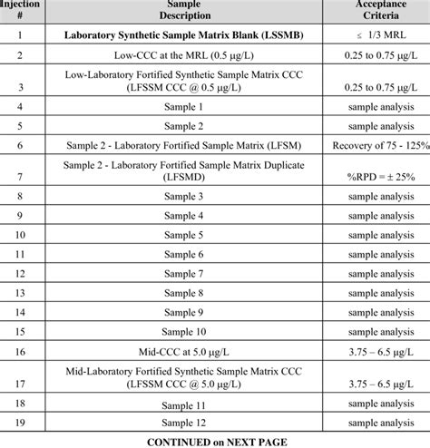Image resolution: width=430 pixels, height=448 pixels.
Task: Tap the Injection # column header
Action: [21, 10]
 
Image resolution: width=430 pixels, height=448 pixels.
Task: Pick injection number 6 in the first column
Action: [21, 145]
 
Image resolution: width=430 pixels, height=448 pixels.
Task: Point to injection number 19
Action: [21, 423]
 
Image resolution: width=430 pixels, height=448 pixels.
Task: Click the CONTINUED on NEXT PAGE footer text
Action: [215, 441]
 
